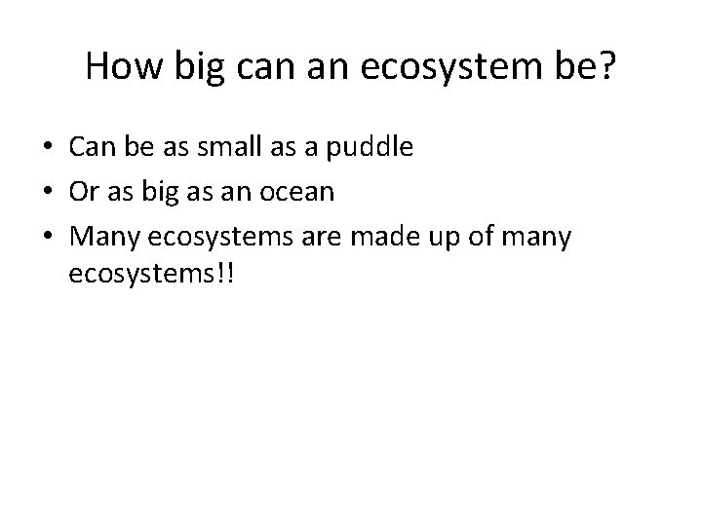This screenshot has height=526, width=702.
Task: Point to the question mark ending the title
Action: [x=607, y=65]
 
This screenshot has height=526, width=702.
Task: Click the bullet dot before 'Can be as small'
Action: [x=48, y=148]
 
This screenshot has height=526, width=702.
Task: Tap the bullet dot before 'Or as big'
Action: [x=48, y=192]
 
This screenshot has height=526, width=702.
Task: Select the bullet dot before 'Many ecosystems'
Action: [x=48, y=236]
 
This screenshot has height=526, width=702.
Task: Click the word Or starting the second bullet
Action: [x=85, y=192]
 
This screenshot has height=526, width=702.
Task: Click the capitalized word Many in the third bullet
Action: [x=101, y=237]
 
